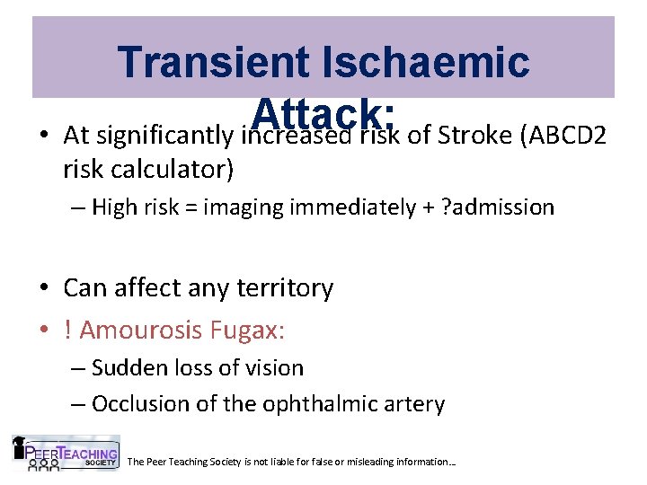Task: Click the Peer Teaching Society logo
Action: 65,453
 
